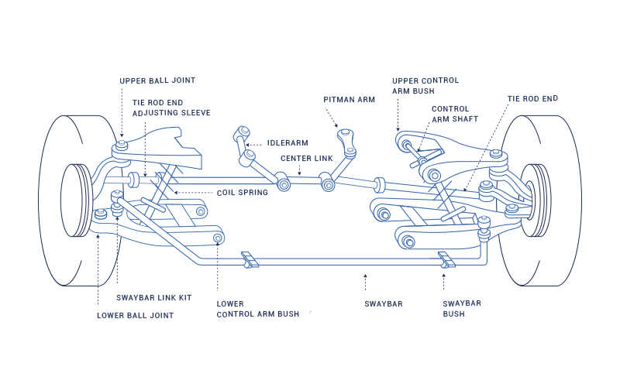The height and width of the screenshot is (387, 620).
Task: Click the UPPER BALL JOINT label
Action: click(157, 80)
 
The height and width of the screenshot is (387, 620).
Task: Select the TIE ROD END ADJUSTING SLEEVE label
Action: click(171, 108)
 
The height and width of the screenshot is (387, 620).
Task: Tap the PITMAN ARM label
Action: click(350, 99)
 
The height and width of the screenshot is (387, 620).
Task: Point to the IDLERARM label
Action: click(288, 143)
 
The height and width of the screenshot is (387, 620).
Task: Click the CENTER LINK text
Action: click(307, 158)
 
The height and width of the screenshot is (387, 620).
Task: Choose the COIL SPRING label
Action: click(243, 192)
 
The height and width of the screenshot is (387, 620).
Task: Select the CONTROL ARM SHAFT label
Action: click(455, 114)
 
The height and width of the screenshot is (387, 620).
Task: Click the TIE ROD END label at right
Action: click(532, 99)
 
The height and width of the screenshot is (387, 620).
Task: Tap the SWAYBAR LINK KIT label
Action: click(153, 297)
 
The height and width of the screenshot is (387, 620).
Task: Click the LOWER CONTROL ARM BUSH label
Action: click(267, 310)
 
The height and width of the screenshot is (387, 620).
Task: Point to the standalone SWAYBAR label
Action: click(383, 304)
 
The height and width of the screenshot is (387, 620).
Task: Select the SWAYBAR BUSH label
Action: click(461, 310)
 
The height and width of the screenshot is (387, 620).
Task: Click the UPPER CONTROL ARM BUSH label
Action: click(425, 85)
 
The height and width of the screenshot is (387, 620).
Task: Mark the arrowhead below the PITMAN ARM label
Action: click(337, 126)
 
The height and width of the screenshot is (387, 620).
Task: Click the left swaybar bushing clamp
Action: click(248, 260)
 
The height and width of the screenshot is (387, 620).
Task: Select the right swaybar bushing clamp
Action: click(447, 260)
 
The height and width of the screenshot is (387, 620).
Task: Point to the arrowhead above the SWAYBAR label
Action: click(366, 275)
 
